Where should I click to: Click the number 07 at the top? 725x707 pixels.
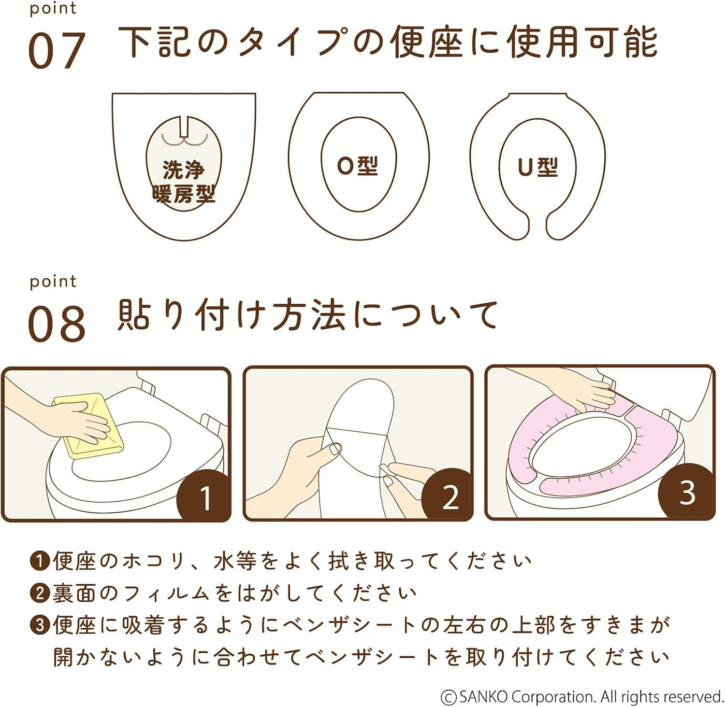[57, 50]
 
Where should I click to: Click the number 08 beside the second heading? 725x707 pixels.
[57, 324]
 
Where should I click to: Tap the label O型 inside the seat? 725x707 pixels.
[358, 166]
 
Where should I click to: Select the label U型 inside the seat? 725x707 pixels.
[537, 167]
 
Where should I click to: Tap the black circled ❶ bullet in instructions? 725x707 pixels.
[40, 561]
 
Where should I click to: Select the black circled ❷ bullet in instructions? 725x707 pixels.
[40, 593]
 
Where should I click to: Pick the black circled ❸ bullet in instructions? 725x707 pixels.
[40, 625]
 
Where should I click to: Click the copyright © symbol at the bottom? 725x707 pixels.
[449, 697]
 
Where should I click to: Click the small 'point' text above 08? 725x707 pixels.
[53, 281]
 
